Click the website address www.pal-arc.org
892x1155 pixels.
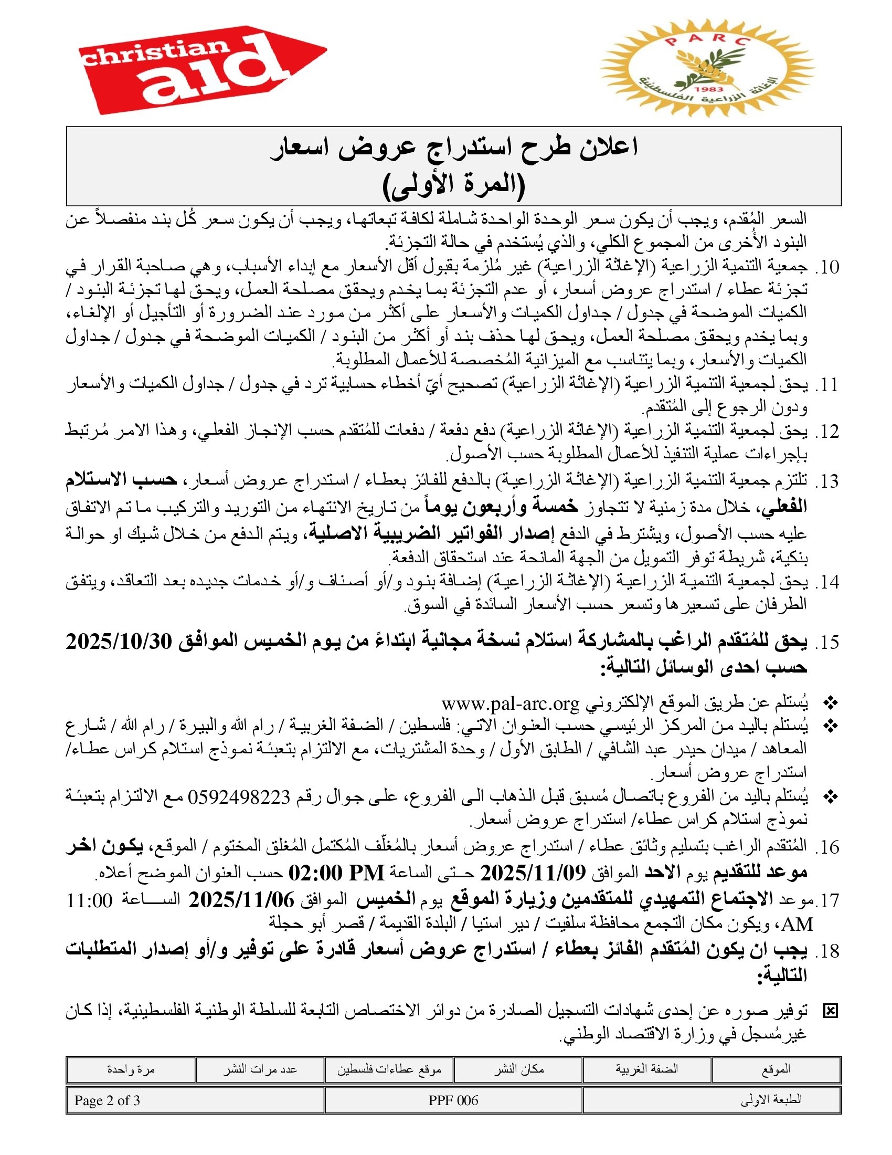pyautogui.click(x=511, y=704)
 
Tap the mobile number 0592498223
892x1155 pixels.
pyautogui.click(x=239, y=796)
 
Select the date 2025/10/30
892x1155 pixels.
pyautogui.click(x=119, y=642)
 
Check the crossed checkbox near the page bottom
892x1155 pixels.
pyautogui.click(x=830, y=1011)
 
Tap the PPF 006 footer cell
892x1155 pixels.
pyautogui.click(x=453, y=1100)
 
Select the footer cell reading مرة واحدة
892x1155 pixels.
pyautogui.click(x=131, y=1070)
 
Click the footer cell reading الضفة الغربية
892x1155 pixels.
pyautogui.click(x=647, y=1070)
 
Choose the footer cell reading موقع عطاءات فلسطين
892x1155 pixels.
pyautogui.click(x=389, y=1070)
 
